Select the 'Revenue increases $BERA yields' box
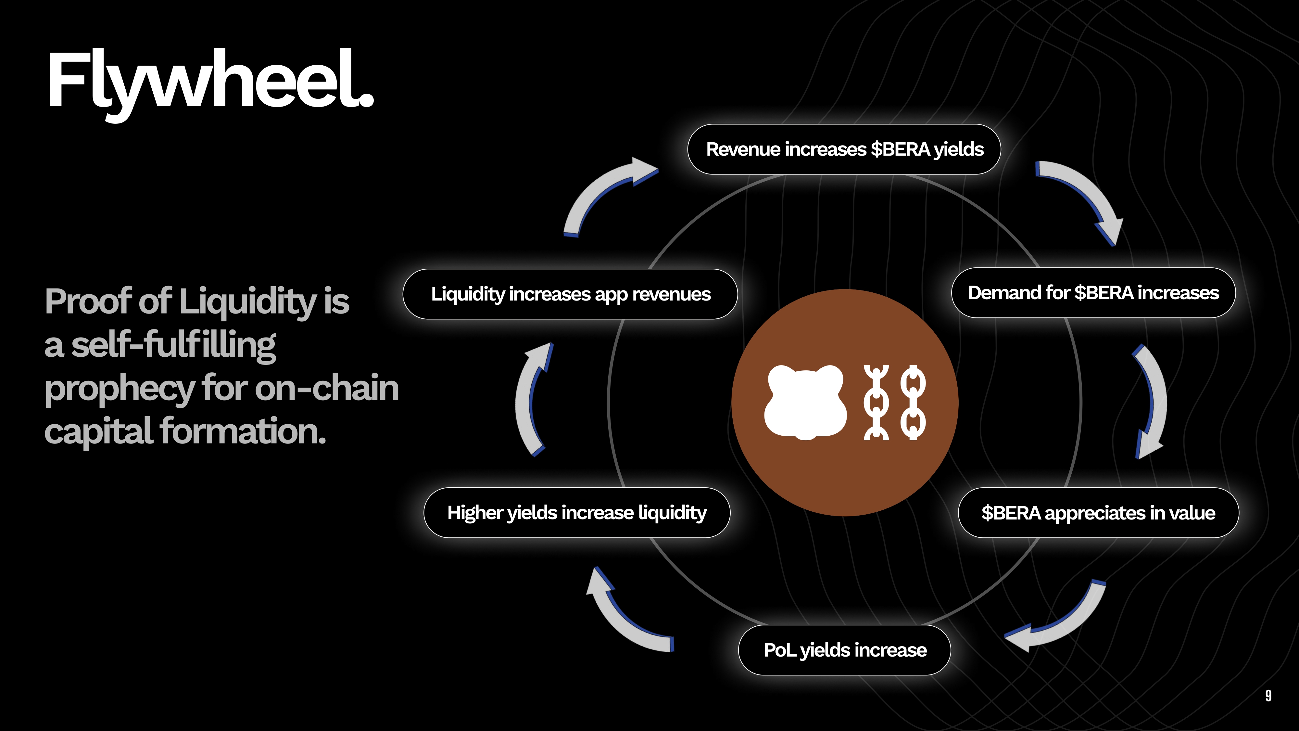point(844,149)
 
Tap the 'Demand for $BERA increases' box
point(1093,293)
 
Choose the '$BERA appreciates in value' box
point(1098,513)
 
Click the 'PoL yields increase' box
point(845,650)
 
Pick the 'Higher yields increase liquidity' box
point(577,513)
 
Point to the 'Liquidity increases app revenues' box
point(570,294)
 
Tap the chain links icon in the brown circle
point(895,403)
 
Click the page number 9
point(1268,696)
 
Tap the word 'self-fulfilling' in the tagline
point(173,345)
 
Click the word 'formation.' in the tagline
point(243,432)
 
